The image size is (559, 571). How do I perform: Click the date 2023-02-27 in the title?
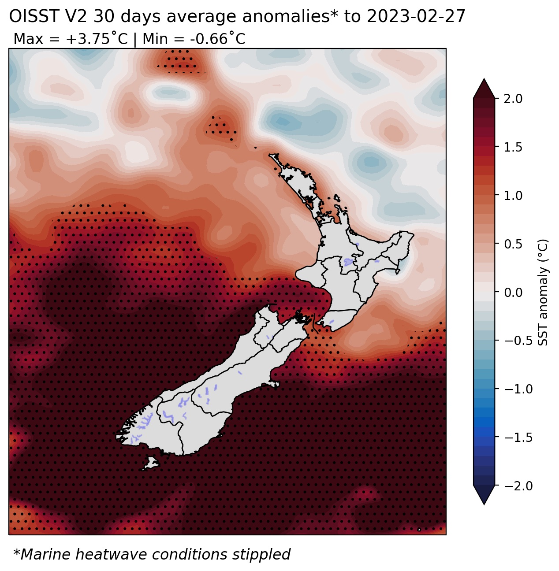416,16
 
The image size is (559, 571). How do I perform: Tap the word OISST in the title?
34,16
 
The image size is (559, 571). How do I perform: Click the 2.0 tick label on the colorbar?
513,99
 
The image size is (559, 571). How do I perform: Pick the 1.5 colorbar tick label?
513,147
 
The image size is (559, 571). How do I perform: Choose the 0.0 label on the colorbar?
513,293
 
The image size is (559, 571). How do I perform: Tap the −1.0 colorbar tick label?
518,389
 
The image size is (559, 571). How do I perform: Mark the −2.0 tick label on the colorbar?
518,486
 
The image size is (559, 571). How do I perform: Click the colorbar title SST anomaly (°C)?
543,293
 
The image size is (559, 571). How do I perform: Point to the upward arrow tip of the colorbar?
484,78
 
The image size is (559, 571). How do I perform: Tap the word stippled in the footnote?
261,555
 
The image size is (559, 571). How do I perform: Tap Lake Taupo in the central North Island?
349,261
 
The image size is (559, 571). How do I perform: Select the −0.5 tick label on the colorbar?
518,341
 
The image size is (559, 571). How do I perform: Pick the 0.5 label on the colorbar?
513,244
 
